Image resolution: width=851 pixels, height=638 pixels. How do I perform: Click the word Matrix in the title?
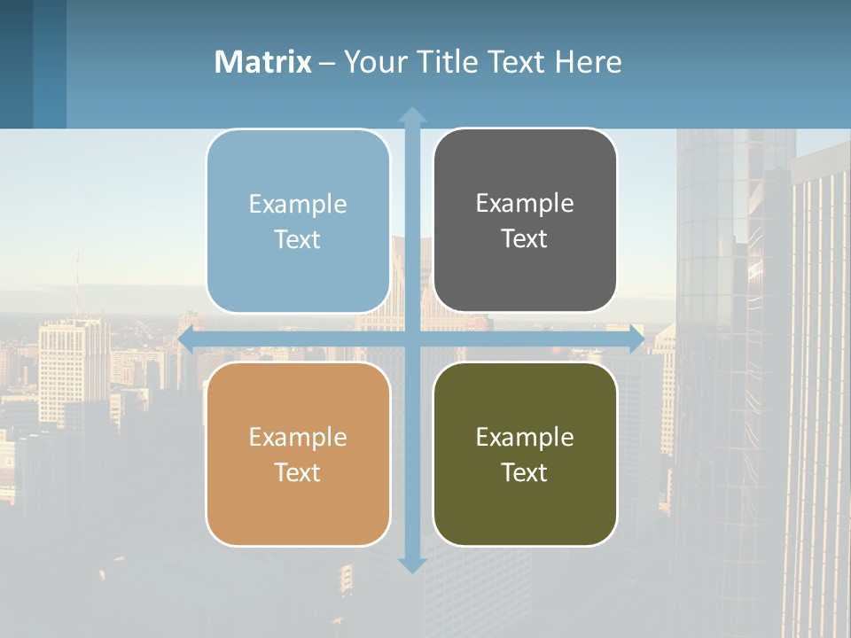262,62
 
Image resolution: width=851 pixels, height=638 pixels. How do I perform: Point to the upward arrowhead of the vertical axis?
412,113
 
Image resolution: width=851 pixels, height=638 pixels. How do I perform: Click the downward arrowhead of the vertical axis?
412,564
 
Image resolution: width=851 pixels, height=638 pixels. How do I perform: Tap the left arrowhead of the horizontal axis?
186,338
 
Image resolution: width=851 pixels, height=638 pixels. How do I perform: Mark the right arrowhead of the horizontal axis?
636,338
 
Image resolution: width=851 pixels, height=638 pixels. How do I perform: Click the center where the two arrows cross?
412,338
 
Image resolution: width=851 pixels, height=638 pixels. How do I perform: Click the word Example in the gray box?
525,203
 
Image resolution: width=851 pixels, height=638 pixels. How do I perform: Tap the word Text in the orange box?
297,472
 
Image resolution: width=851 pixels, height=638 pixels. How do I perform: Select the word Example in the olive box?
525,437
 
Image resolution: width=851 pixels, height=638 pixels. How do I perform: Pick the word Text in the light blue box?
297,239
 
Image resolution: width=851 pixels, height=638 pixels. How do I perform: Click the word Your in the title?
369,62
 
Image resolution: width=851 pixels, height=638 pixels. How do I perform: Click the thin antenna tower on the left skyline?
76,284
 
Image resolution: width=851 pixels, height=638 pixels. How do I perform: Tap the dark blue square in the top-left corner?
16,64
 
